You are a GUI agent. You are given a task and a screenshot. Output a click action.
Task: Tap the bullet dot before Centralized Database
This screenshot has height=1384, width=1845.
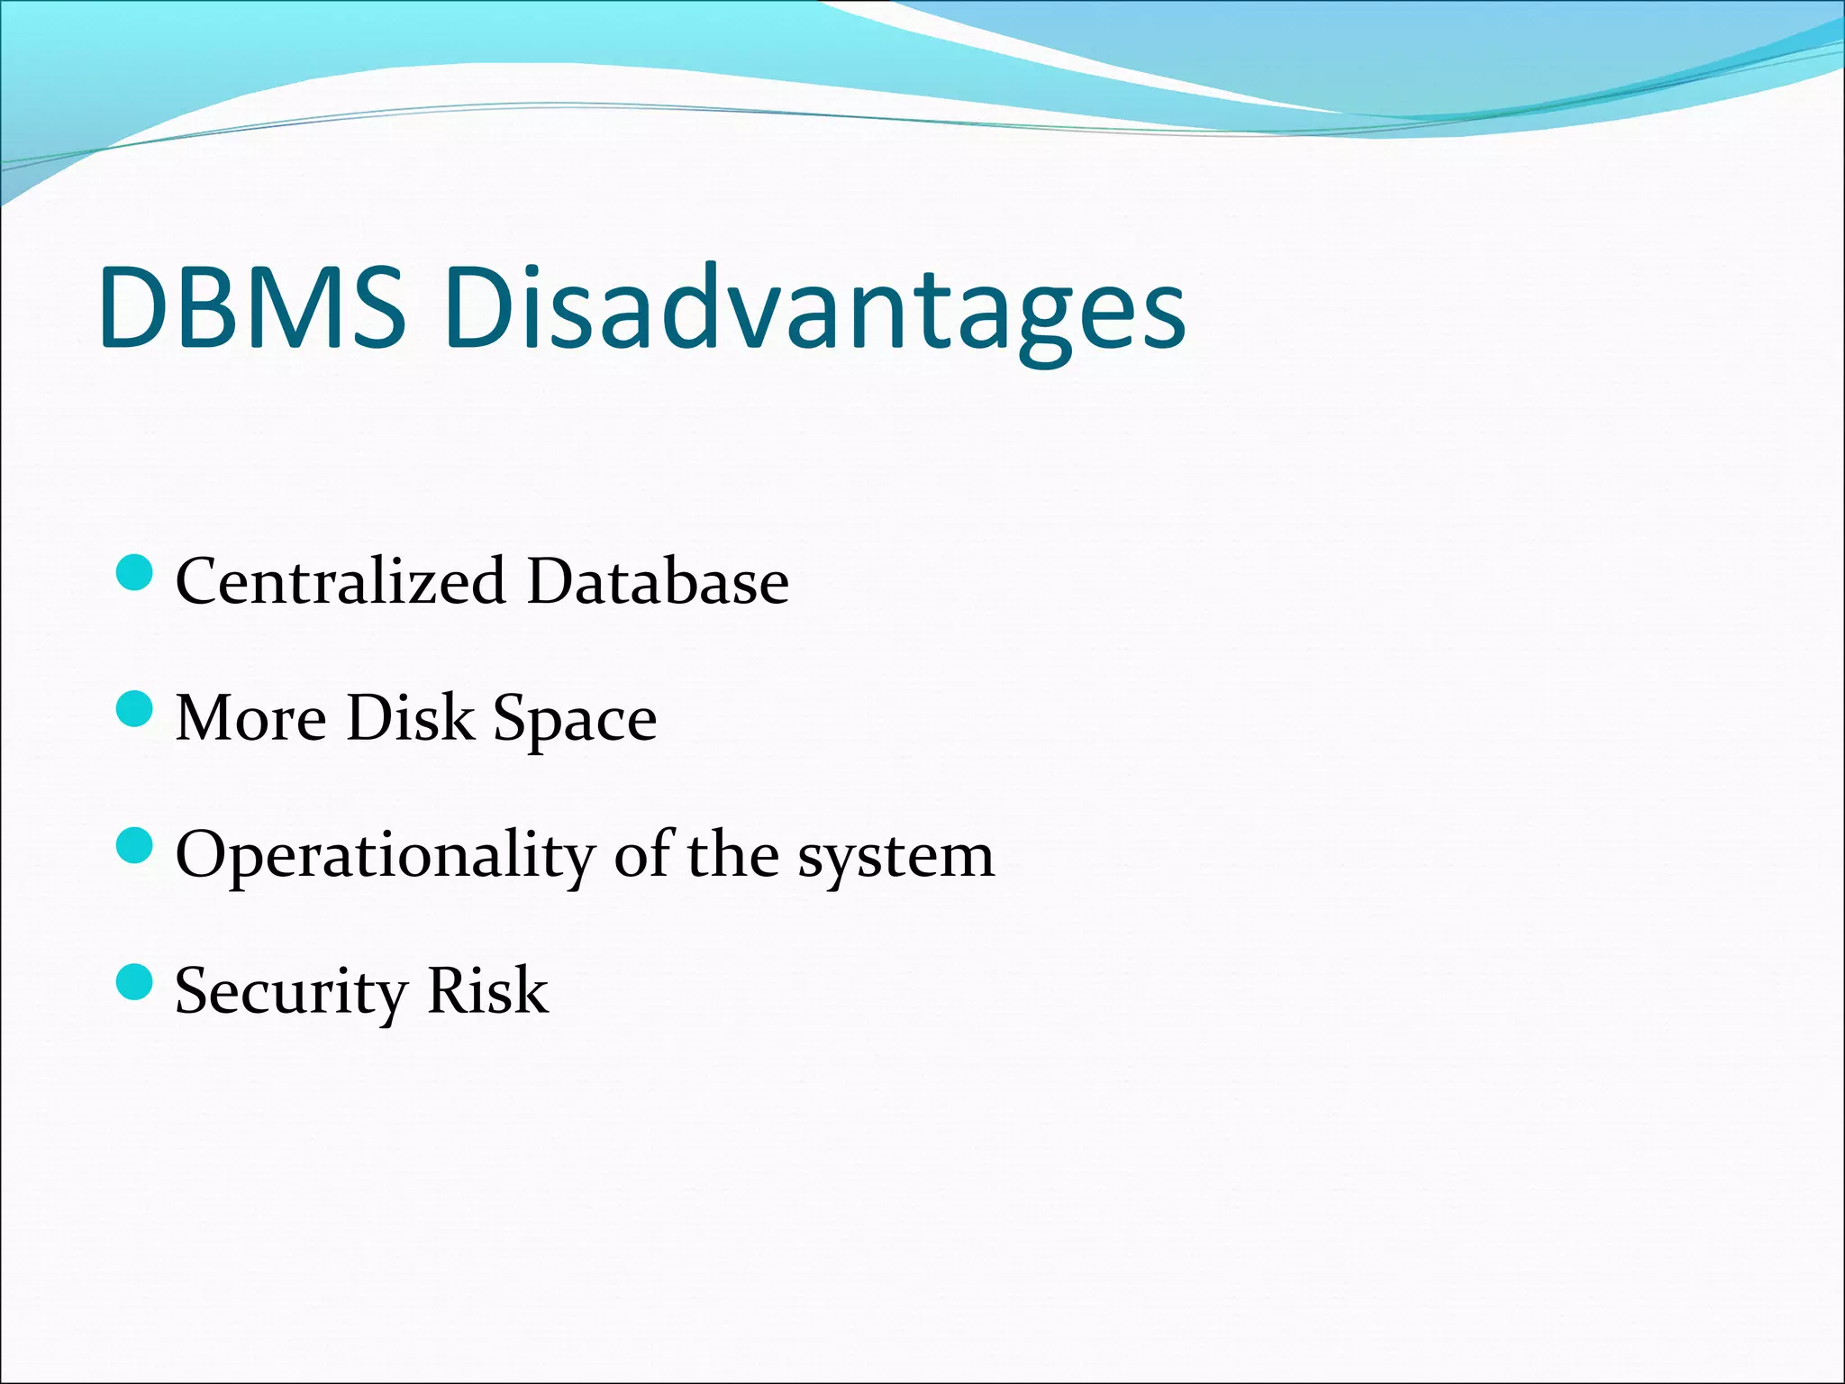coord(135,573)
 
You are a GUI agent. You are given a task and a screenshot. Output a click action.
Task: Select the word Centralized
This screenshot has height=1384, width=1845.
coord(340,581)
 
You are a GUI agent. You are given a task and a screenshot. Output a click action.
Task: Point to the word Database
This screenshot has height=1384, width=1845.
coord(658,581)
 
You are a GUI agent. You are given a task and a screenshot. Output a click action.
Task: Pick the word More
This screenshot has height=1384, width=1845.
coord(250,718)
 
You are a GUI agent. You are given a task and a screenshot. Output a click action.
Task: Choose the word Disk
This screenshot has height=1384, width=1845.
coord(410,718)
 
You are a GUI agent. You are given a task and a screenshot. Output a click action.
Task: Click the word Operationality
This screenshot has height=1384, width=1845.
coord(386,856)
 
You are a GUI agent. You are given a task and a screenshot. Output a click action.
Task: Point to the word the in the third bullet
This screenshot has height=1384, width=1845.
coord(732,854)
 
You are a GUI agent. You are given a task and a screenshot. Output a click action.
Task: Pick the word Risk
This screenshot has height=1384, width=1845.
coord(486,990)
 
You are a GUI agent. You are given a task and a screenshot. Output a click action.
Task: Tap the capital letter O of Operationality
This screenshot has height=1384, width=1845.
coord(200,854)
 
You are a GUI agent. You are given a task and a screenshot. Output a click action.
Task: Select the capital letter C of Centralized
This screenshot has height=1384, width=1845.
coord(199,581)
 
